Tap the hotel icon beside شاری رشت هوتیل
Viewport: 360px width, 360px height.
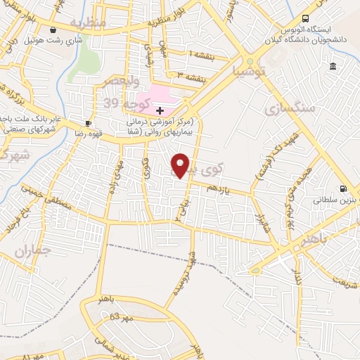[x=54, y=30]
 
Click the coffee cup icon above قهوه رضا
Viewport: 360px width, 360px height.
[x=87, y=122]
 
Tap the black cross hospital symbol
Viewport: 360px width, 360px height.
[x=160, y=110]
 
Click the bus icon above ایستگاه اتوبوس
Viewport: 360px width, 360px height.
[x=305, y=18]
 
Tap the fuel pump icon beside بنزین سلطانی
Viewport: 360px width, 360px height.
[x=343, y=188]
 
